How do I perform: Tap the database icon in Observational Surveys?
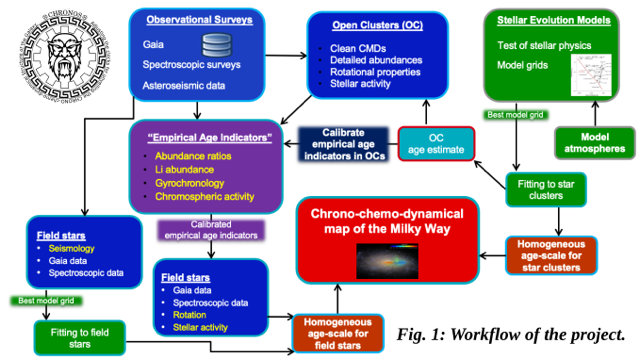point(217,46)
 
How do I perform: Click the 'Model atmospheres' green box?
point(594,142)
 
